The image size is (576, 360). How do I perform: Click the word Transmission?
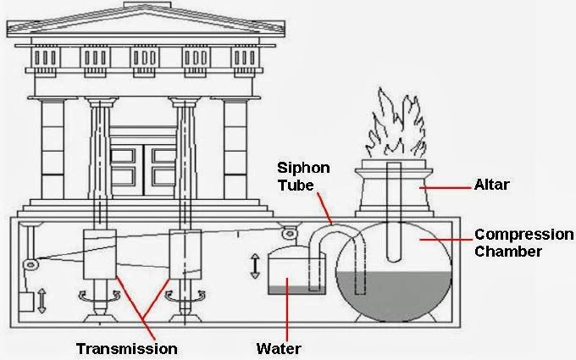pyautogui.click(x=127, y=348)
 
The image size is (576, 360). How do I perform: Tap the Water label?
pyautogui.click(x=279, y=348)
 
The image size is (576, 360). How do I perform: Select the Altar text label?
pyautogui.click(x=491, y=184)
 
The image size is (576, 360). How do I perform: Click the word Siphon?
pyautogui.click(x=303, y=168)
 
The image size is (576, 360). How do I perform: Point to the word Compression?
pyautogui.click(x=523, y=235)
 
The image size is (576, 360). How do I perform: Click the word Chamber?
pyautogui.click(x=508, y=252)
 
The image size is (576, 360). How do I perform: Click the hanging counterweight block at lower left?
pyautogui.click(x=25, y=302)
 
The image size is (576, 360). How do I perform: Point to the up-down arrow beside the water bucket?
pyautogui.click(x=255, y=266)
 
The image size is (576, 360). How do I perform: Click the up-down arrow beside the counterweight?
pyautogui.click(x=42, y=301)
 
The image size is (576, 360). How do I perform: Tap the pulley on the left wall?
pyautogui.click(x=30, y=263)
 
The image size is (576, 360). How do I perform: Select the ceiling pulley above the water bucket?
pyautogui.click(x=290, y=233)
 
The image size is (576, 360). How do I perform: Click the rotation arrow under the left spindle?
pyautogui.click(x=100, y=296)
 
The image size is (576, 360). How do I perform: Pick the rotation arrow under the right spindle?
pyautogui.click(x=185, y=296)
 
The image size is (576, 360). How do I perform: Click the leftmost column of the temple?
pyautogui.click(x=53, y=149)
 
